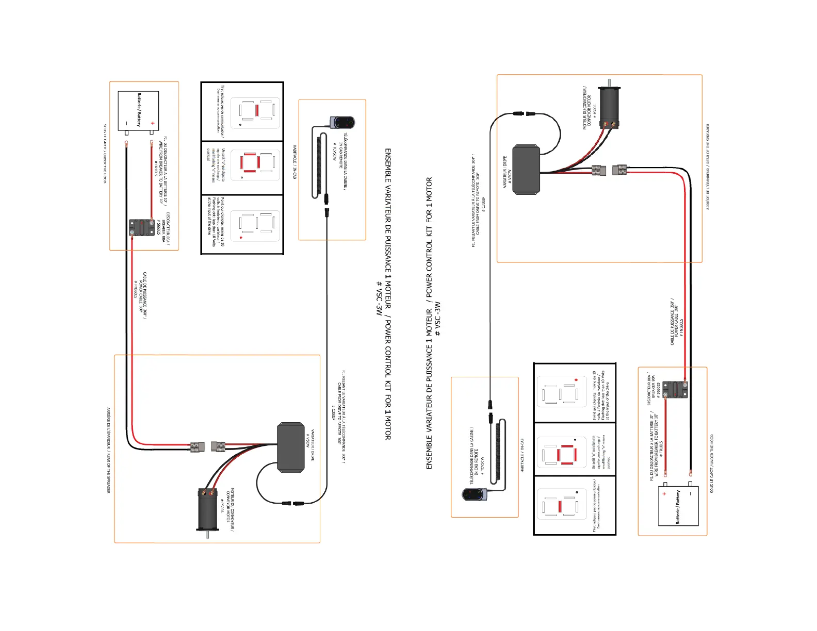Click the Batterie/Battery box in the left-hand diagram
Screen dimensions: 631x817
click(x=138, y=111)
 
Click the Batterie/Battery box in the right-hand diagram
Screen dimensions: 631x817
click(x=678, y=506)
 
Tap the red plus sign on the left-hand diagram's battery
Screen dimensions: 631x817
click(x=153, y=123)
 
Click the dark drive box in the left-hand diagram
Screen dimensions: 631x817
click(x=291, y=447)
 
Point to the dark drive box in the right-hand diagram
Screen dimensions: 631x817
click(x=526, y=169)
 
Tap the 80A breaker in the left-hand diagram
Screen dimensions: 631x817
click(x=142, y=227)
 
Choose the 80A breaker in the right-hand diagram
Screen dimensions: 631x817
click(x=675, y=390)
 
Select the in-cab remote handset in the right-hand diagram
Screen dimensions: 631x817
click(x=475, y=494)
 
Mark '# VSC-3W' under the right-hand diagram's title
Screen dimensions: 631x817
click(x=438, y=319)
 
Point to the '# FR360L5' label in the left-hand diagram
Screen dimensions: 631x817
click(x=136, y=290)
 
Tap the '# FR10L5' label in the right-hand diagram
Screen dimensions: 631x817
click(x=661, y=449)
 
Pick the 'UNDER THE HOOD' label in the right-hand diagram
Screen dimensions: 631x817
click(x=712, y=463)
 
